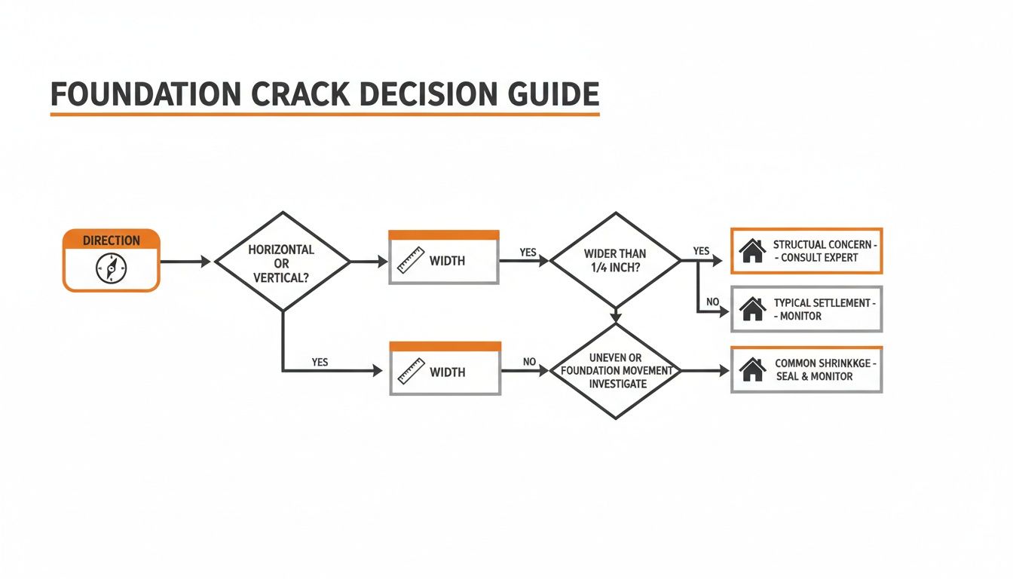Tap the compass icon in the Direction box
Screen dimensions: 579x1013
[x=112, y=268]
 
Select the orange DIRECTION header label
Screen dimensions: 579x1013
[x=112, y=240]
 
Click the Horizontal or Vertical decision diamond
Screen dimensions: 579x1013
[x=283, y=262]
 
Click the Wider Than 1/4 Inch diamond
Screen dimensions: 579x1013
[x=615, y=261]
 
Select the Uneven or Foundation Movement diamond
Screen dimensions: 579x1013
[x=615, y=371]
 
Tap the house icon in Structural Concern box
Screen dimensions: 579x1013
[x=752, y=251]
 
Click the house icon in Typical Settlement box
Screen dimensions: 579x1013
[x=752, y=309]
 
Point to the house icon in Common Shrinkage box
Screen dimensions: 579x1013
[x=752, y=369]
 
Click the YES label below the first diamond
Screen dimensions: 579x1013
[x=320, y=362]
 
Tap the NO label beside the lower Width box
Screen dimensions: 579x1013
[x=529, y=362]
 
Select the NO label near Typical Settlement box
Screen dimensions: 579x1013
[x=712, y=302]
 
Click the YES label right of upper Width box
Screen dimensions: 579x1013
[x=528, y=252]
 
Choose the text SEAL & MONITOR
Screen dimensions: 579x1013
[x=814, y=376]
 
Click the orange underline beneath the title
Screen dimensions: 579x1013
[x=324, y=115]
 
